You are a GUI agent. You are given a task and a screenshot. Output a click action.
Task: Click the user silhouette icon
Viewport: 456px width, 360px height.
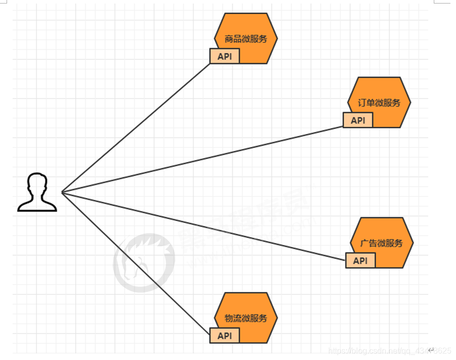[x=37, y=192]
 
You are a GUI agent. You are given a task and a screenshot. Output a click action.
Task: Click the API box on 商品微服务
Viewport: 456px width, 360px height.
[x=225, y=57]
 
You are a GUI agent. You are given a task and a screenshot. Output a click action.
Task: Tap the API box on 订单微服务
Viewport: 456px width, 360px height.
[x=358, y=120]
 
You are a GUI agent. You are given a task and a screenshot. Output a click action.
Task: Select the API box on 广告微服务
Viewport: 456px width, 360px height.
[x=361, y=261]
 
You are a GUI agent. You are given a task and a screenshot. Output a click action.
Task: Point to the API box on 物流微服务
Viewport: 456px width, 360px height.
[x=225, y=335]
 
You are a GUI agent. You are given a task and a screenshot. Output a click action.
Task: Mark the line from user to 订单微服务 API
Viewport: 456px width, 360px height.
[x=202, y=159]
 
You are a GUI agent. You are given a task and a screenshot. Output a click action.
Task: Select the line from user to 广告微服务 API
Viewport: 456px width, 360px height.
[x=202, y=226]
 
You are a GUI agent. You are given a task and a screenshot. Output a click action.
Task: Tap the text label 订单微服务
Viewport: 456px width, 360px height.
[x=379, y=103]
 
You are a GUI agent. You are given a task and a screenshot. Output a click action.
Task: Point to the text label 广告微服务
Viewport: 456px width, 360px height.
[x=382, y=243]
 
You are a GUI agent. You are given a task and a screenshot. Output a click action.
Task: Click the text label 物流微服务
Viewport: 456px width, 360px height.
[x=245, y=319]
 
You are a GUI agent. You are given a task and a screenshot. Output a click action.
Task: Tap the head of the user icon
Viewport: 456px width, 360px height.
[x=37, y=184]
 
